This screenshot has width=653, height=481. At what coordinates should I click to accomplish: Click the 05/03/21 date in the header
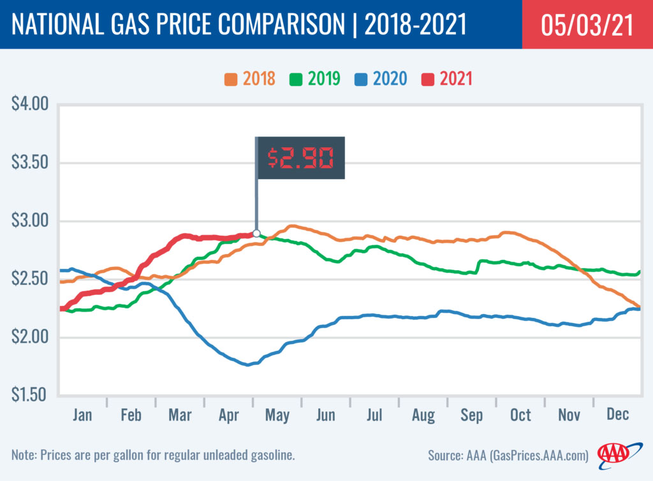[x=587, y=25]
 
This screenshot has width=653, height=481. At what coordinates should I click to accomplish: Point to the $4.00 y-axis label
[x=31, y=104]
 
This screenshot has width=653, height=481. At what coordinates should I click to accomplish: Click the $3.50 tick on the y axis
[x=31, y=162]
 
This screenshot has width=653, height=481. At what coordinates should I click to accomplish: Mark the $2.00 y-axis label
[x=31, y=337]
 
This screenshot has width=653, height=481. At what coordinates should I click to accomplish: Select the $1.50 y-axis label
[x=31, y=395]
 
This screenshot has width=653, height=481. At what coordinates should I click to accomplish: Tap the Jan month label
[x=82, y=415]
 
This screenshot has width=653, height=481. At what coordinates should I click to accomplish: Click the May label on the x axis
[x=277, y=415]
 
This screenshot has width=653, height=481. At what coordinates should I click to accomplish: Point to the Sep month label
[x=472, y=415]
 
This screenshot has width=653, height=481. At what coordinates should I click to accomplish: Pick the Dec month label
[x=617, y=415]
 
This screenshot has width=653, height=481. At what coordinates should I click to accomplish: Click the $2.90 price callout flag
[x=300, y=157]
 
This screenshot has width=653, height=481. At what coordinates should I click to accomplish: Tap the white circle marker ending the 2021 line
[x=256, y=233]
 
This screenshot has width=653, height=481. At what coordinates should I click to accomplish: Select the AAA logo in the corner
[x=613, y=454]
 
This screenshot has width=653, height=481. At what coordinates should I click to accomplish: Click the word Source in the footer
[x=444, y=456]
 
